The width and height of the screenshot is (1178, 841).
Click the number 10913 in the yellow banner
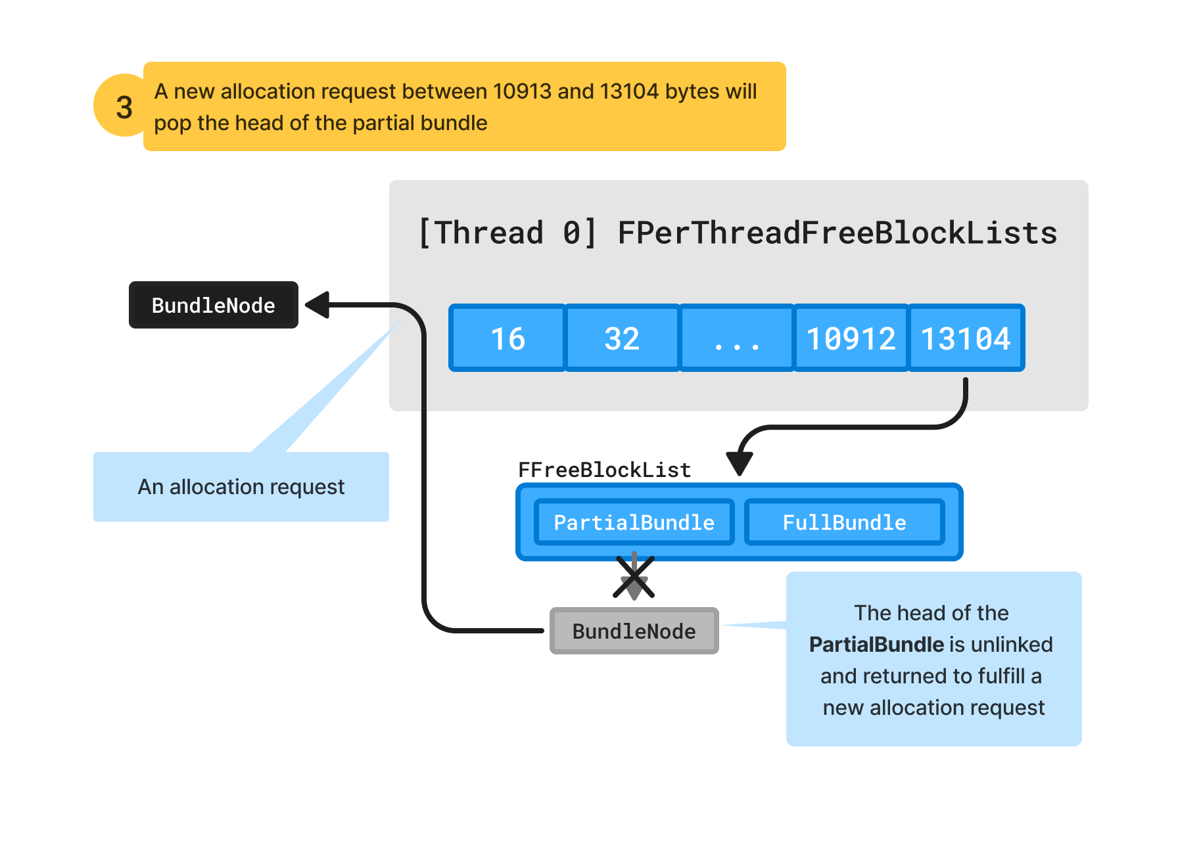(x=522, y=91)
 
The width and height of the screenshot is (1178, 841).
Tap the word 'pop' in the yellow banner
(x=172, y=124)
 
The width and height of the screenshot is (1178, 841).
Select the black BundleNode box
(x=213, y=305)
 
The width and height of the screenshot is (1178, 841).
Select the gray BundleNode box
(x=634, y=631)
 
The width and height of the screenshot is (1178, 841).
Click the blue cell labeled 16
(x=507, y=338)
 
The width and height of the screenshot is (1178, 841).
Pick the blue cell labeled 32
(x=621, y=338)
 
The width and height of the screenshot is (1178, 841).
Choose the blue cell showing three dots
(x=736, y=338)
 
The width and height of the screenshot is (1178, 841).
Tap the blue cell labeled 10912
(x=851, y=338)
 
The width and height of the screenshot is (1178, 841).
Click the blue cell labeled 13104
(x=965, y=338)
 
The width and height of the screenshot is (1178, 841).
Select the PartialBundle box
(x=634, y=522)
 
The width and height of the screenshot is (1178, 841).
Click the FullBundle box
(x=844, y=522)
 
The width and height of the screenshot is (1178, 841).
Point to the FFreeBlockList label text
(x=604, y=470)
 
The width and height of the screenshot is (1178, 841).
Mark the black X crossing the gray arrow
(x=634, y=577)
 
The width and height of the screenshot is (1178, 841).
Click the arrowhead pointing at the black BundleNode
(x=318, y=305)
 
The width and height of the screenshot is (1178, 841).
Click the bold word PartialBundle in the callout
(x=876, y=645)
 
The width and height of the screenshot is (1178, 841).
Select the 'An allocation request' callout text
(x=241, y=487)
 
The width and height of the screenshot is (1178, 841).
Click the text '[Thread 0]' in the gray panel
(x=507, y=233)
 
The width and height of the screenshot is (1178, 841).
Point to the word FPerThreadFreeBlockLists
(x=837, y=233)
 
